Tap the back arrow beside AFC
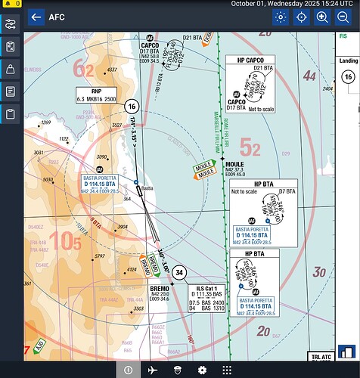(x=35, y=17)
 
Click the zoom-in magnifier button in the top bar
(x=322, y=17)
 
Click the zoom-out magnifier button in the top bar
(x=343, y=17)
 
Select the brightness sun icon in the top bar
(x=281, y=17)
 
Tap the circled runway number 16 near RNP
(x=131, y=106)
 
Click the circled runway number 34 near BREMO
(x=178, y=272)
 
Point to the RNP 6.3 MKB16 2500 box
(x=97, y=94)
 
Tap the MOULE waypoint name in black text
(x=234, y=163)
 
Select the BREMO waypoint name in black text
(x=160, y=289)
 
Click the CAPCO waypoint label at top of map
(x=150, y=45)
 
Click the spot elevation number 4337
(x=112, y=70)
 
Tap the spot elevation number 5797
(x=100, y=257)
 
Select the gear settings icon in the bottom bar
(x=202, y=370)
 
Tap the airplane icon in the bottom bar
(x=153, y=370)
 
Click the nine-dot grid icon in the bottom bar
(x=226, y=370)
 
